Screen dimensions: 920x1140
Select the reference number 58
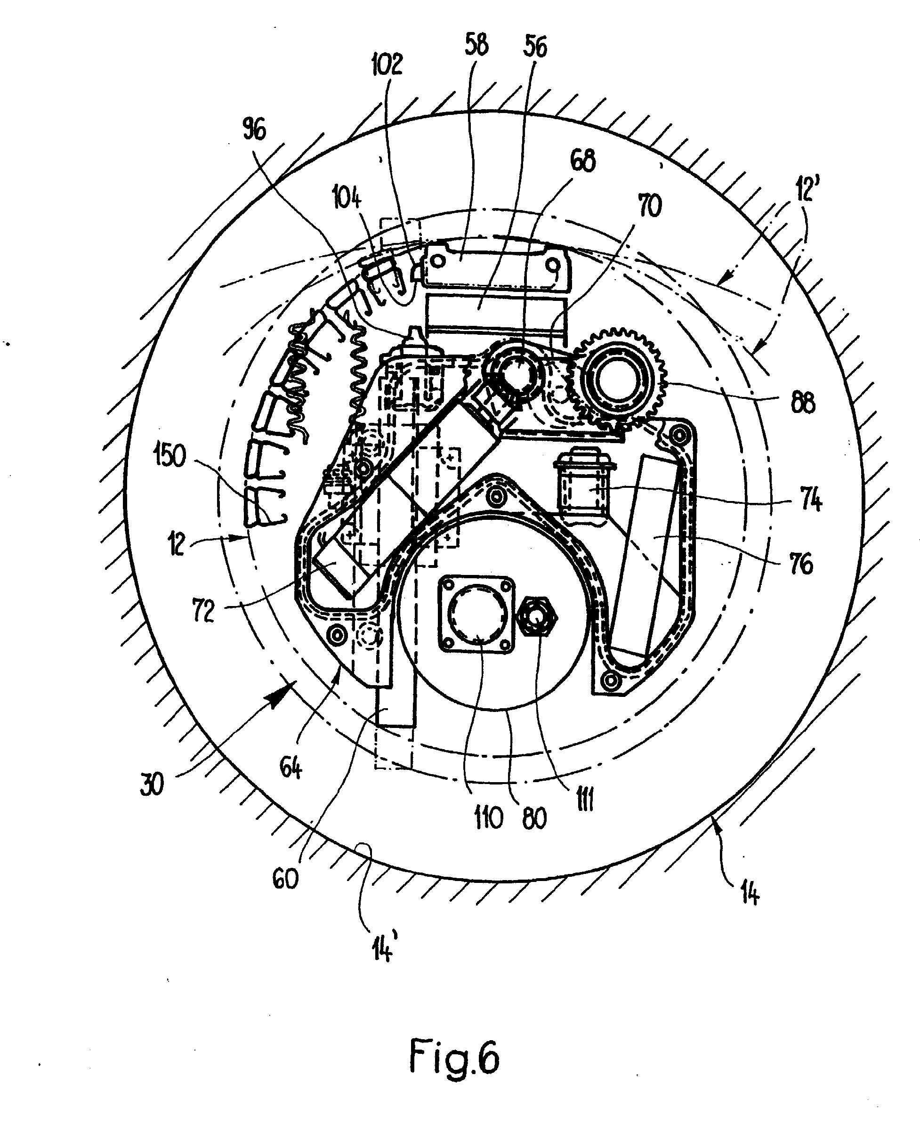coord(476,45)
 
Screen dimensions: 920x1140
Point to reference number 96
coord(254,129)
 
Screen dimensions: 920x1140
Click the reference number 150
coord(170,455)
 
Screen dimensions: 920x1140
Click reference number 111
coord(585,799)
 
